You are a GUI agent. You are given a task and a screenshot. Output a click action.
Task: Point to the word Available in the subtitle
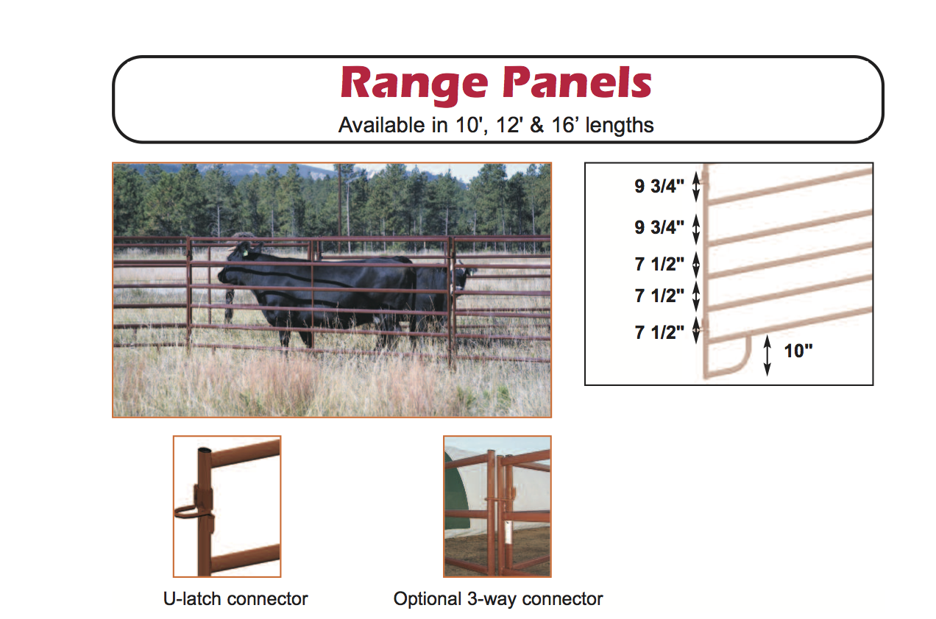tap(381, 125)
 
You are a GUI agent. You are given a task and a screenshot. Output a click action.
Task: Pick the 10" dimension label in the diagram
tap(798, 351)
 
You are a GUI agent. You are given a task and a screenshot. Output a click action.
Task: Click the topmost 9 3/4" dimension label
tap(659, 187)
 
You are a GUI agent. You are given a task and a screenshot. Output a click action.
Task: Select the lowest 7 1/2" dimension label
tap(659, 332)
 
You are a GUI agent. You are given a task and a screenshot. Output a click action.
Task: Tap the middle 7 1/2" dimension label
tap(659, 296)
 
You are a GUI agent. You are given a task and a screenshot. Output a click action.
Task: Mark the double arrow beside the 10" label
tap(767, 355)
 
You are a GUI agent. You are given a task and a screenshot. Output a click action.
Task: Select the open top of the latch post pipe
tap(205, 450)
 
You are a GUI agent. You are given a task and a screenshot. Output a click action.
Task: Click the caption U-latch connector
tap(235, 599)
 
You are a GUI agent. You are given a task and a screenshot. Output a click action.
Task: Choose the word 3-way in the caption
tap(486, 599)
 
